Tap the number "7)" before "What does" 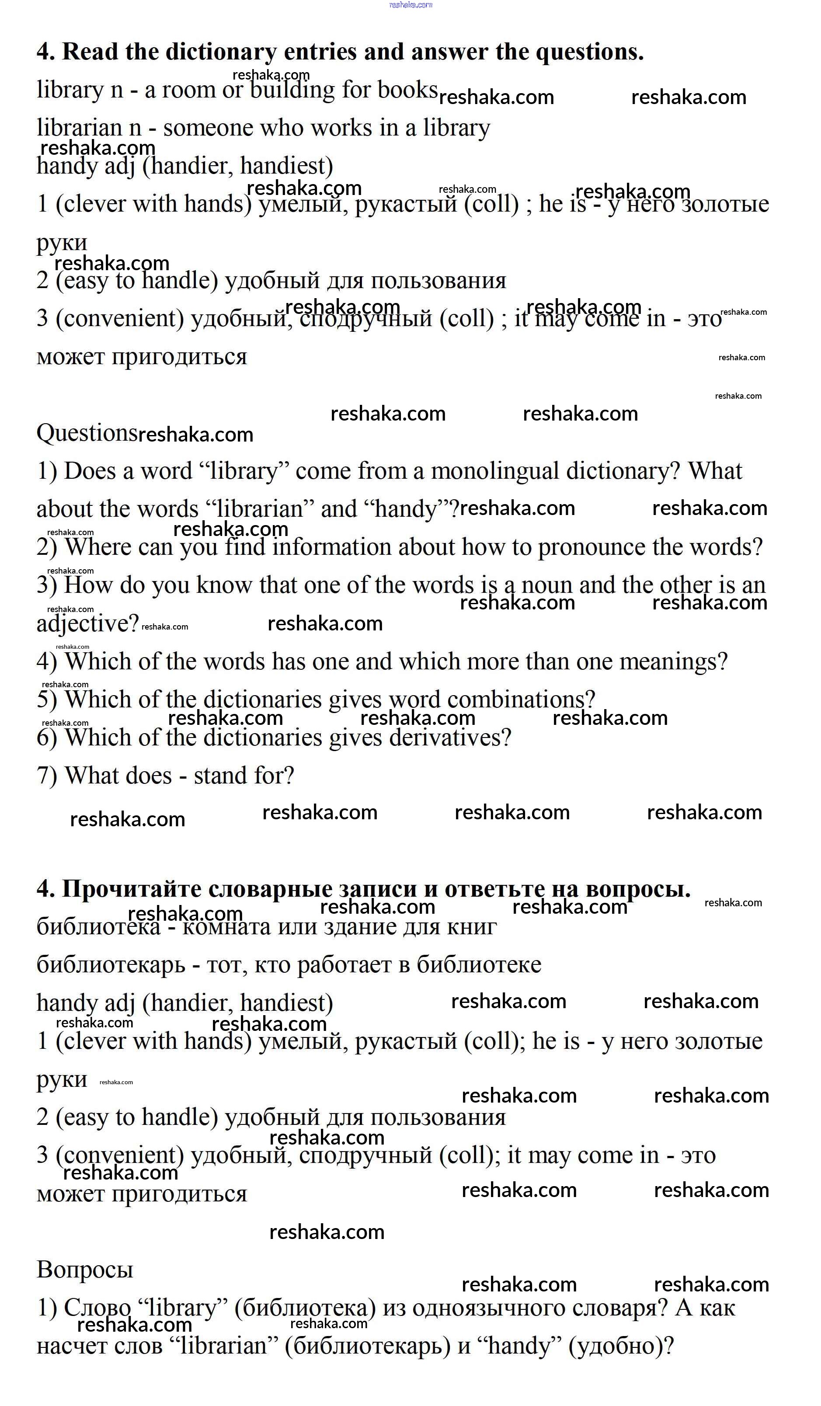click(47, 776)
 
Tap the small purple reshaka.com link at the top click(410, 4)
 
